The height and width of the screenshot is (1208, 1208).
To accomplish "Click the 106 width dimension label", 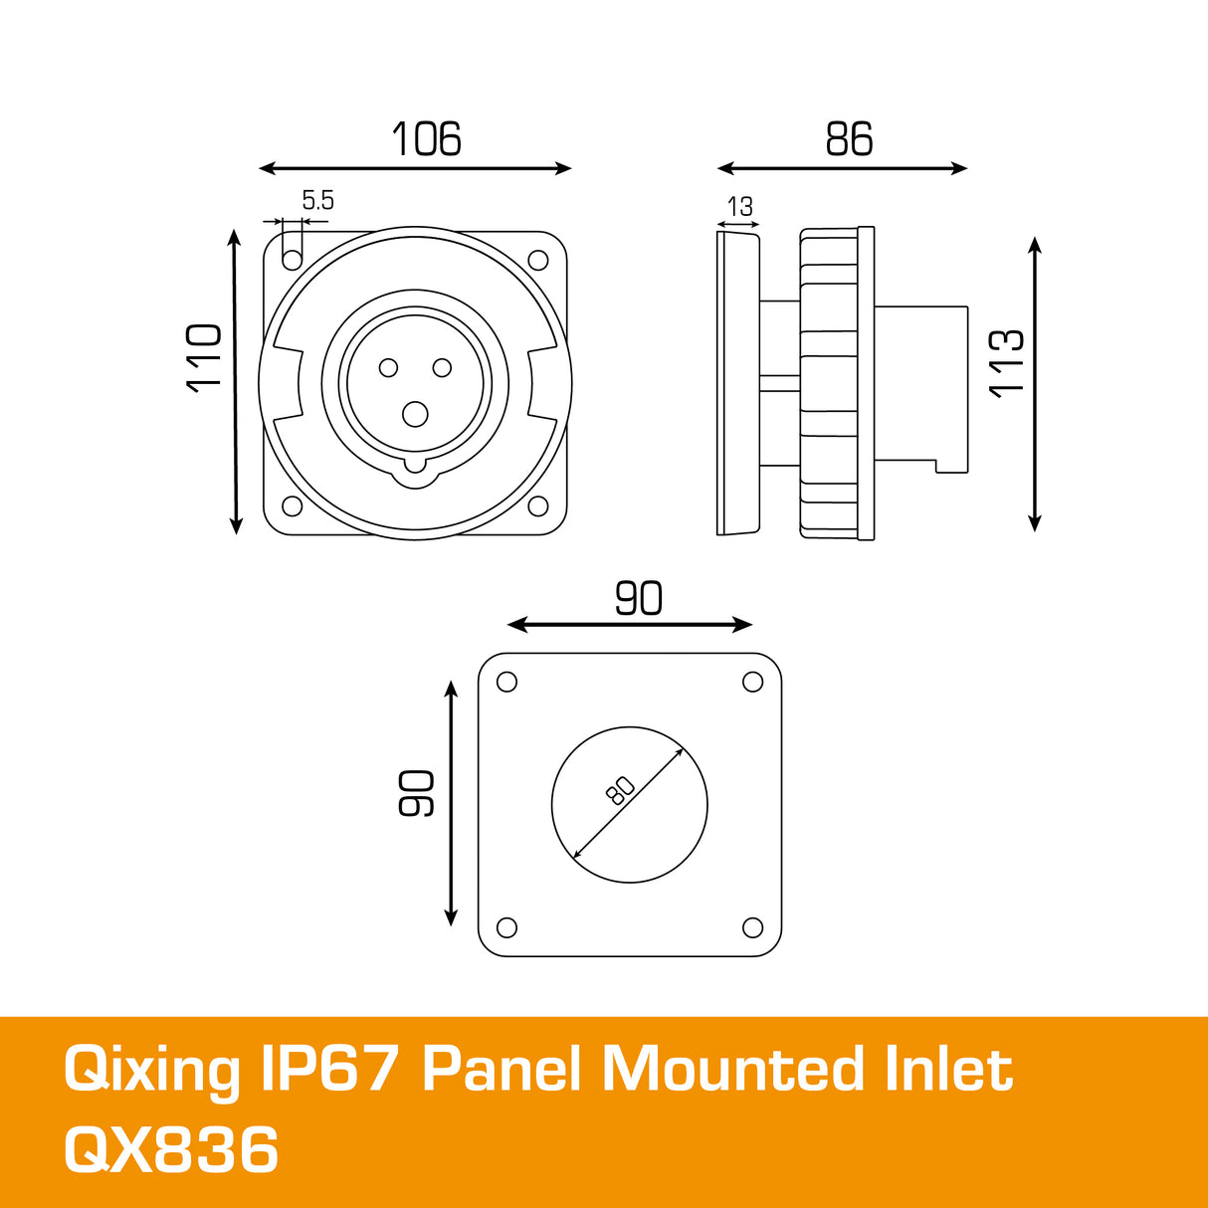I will pyautogui.click(x=426, y=139).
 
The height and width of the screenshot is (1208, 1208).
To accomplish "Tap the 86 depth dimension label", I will pyautogui.click(x=849, y=139).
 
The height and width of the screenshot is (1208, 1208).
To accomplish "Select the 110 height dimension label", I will pyautogui.click(x=205, y=357).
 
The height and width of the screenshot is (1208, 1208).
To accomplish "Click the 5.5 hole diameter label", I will pyautogui.click(x=317, y=201).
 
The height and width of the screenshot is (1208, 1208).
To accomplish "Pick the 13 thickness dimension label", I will pyautogui.click(x=739, y=207).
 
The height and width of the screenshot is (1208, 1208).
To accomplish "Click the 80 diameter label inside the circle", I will pyautogui.click(x=619, y=791).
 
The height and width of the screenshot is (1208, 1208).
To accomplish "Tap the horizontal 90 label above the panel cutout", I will pyautogui.click(x=638, y=598).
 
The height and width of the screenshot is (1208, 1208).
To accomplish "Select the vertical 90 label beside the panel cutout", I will pyautogui.click(x=417, y=793).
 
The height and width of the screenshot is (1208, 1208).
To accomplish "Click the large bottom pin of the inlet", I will pyautogui.click(x=415, y=414).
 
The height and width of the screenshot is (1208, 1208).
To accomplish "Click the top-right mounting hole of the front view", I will pyautogui.click(x=538, y=261).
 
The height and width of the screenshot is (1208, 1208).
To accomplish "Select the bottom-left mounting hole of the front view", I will pyautogui.click(x=293, y=505).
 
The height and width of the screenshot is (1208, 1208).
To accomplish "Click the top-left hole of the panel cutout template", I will pyautogui.click(x=506, y=682).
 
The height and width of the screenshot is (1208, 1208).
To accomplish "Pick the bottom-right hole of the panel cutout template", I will pyautogui.click(x=752, y=927).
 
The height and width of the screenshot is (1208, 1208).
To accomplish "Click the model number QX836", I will pyautogui.click(x=171, y=1150).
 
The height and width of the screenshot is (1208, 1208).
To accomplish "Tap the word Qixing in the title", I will pyautogui.click(x=151, y=1071).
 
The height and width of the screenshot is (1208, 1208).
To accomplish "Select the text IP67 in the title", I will pyautogui.click(x=329, y=1071).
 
